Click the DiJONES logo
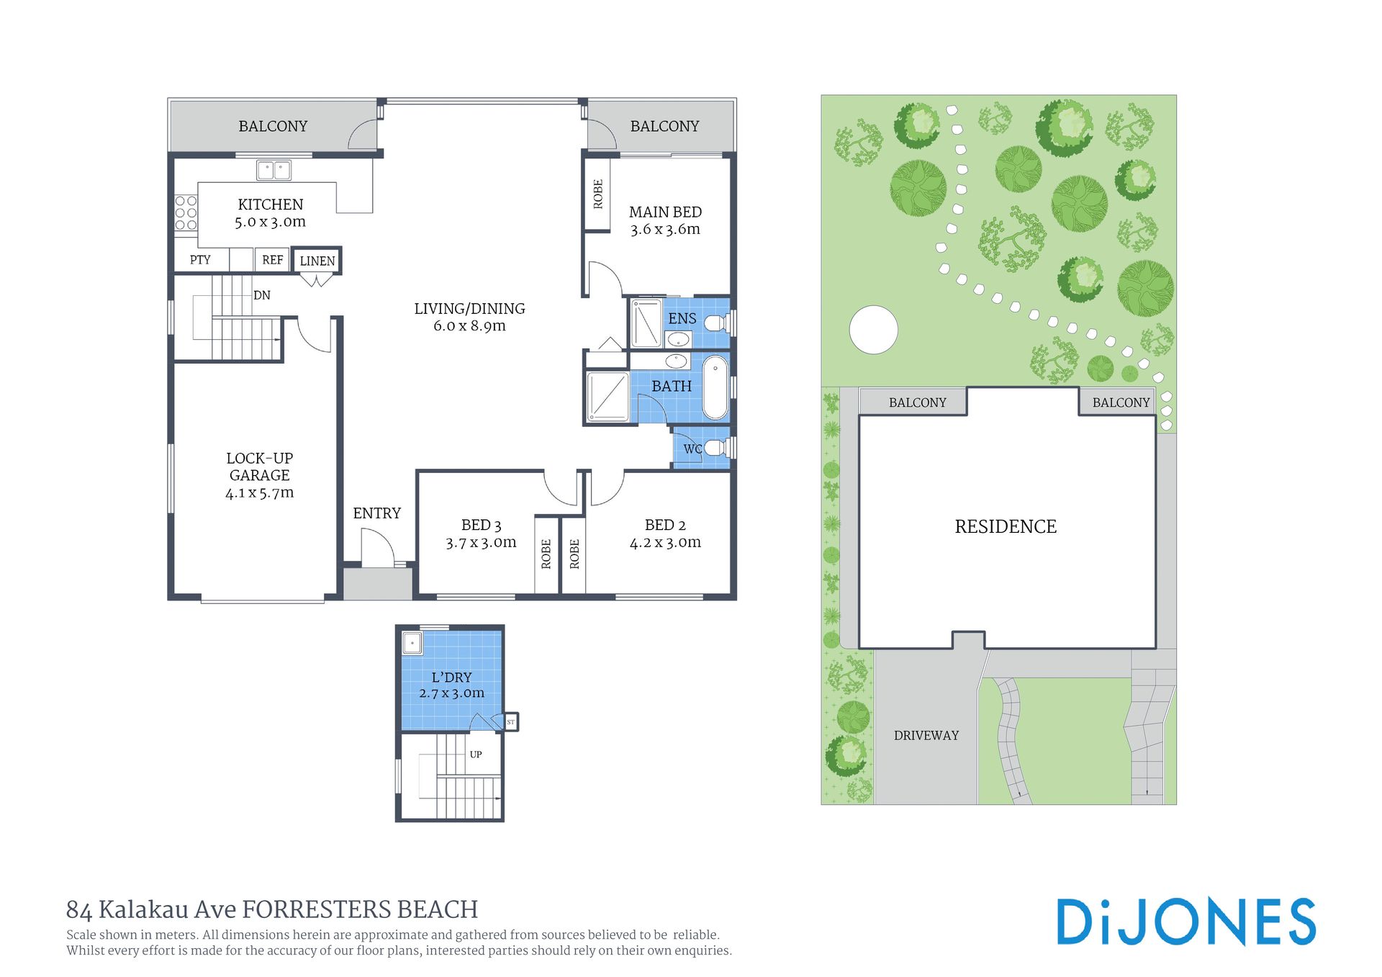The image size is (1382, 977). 1186,922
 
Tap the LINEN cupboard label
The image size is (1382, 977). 317,261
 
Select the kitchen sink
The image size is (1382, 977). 274,171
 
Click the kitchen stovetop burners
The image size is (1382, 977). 186,213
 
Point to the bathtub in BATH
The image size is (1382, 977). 715,387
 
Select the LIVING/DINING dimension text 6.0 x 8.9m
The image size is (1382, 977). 469,326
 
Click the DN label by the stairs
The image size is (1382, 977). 262,295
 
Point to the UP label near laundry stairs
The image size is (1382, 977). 476,755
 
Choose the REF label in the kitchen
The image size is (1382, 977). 272,260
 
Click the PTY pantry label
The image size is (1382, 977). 200,260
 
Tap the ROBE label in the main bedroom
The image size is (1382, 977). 598,194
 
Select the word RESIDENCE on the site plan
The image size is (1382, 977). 1006,527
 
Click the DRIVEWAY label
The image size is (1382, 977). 926,735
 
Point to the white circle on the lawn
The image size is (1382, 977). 874,330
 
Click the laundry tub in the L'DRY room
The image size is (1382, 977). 412,643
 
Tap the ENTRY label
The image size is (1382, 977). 376,513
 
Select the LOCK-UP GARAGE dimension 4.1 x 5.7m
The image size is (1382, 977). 259,493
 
